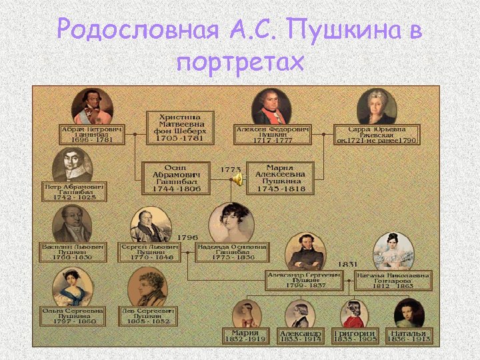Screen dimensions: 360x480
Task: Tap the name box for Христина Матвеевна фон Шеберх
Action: click(x=180, y=127)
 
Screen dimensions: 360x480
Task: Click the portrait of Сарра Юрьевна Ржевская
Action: click(x=376, y=106)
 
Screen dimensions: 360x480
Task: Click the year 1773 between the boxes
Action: click(x=231, y=169)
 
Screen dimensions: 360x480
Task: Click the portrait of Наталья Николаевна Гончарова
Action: click(x=395, y=251)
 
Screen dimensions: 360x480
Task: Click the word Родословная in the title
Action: click(x=137, y=29)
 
